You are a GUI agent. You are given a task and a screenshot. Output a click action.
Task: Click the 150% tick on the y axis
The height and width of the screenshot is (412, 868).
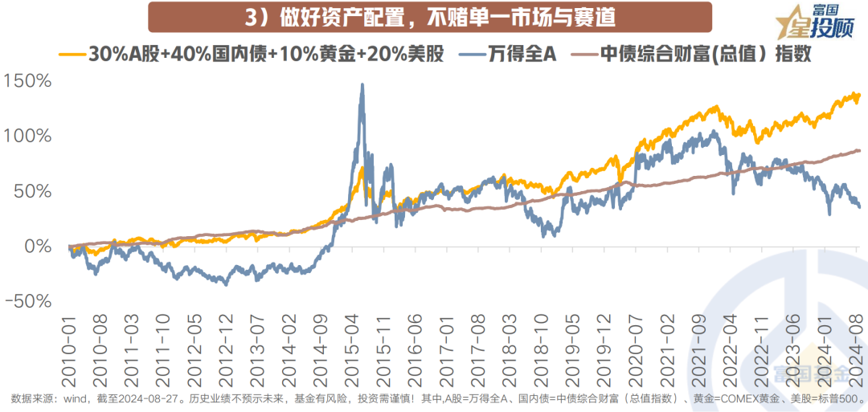coord(29,82)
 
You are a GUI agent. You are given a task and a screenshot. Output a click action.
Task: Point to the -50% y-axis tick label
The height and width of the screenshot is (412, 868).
coord(29,300)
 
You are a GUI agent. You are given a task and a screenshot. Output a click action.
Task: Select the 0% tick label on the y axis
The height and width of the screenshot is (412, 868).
coord(37,246)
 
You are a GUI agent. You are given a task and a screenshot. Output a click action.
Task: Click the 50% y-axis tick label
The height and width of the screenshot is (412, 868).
coord(33,191)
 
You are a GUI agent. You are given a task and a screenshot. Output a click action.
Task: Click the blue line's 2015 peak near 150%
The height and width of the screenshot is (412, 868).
coord(362,84)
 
